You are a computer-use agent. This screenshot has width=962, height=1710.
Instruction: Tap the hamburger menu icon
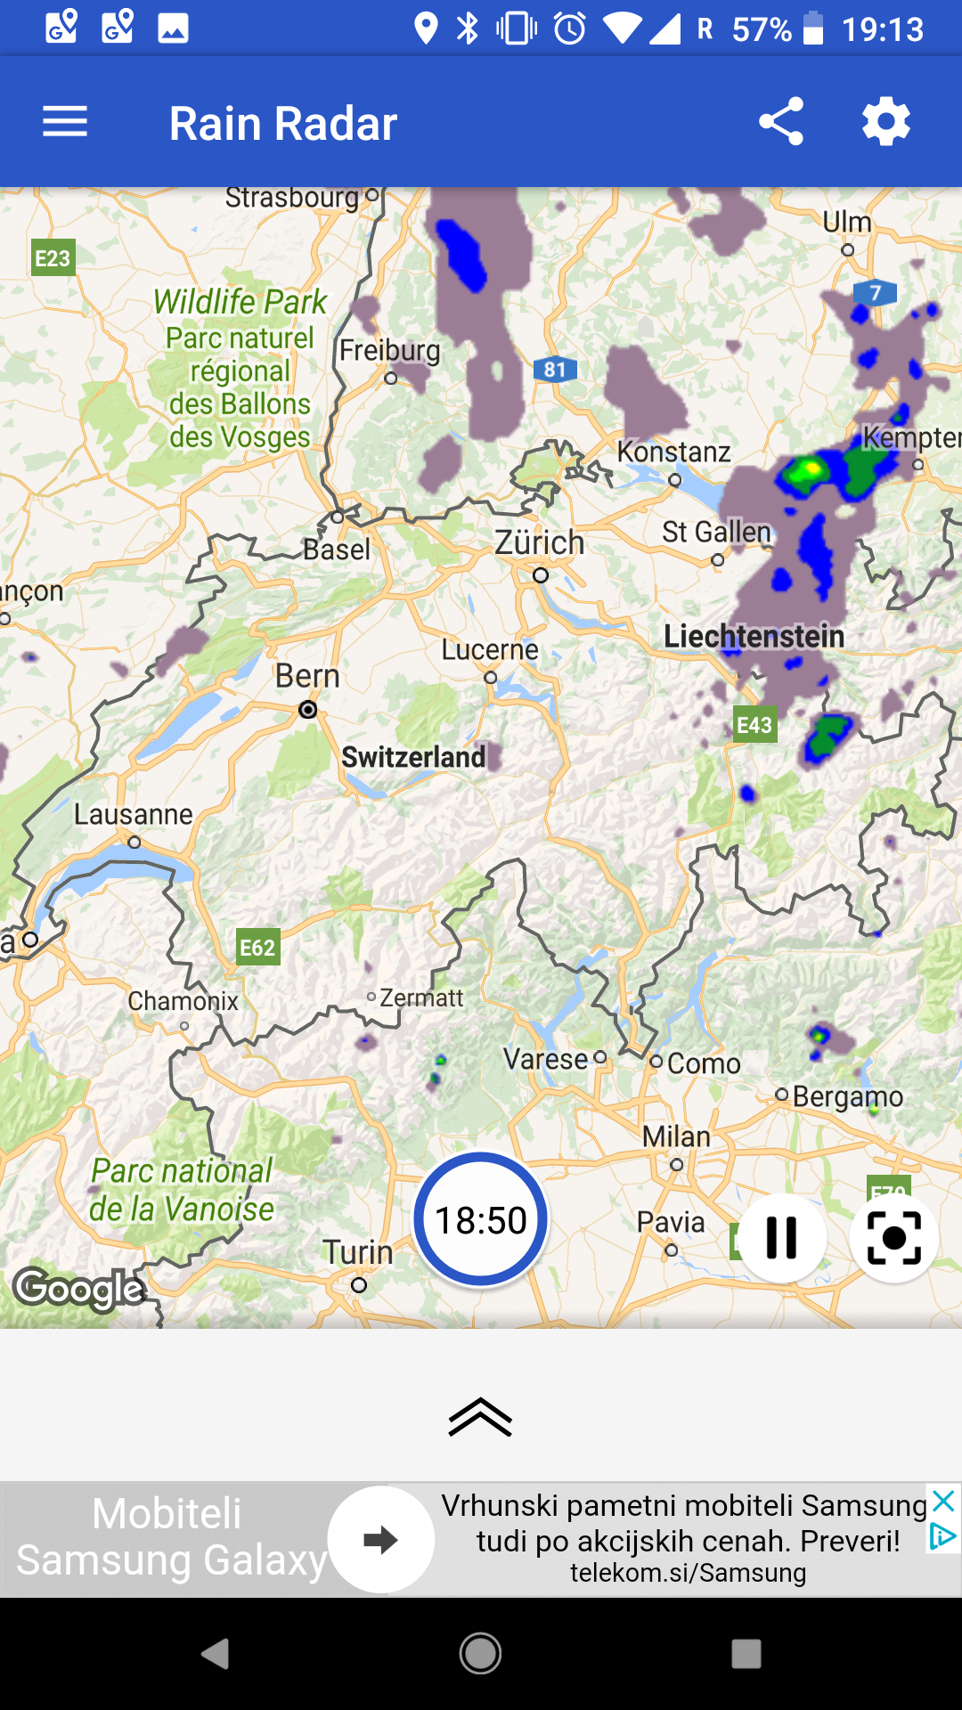pos(65,122)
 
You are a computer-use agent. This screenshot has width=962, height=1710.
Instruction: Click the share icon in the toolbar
pos(781,122)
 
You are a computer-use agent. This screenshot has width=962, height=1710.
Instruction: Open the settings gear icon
pos(886,122)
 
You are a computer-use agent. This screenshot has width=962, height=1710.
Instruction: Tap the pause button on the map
pos(781,1237)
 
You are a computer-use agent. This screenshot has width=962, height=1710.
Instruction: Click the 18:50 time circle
pos(481,1220)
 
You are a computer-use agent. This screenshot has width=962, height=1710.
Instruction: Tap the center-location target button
pos(893,1237)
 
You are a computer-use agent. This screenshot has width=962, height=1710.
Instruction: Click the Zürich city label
pos(539,542)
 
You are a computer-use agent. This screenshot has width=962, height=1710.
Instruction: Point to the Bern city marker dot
pos(308,710)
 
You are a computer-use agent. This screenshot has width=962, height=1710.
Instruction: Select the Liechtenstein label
pos(754,636)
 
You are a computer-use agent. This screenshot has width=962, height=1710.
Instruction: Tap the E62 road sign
pos(257,948)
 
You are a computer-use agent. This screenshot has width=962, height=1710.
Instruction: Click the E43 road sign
pos(754,725)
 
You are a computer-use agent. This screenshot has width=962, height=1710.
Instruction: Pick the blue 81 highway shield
pos(555,369)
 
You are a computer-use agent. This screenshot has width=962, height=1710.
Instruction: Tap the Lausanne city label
pos(134,814)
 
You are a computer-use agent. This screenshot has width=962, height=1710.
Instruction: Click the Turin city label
pos(357,1252)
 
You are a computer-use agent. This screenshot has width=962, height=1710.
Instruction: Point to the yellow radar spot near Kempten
pos(806,468)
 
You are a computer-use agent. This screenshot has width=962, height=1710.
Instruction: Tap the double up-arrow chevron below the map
pos(480,1416)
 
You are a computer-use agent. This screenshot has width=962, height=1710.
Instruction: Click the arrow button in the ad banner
pos(381,1539)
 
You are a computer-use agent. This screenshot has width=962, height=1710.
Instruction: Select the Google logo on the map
pos(78,1289)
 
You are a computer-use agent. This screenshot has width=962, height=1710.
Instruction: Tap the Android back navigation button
pos(215,1654)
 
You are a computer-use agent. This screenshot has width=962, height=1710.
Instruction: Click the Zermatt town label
pos(421,997)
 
